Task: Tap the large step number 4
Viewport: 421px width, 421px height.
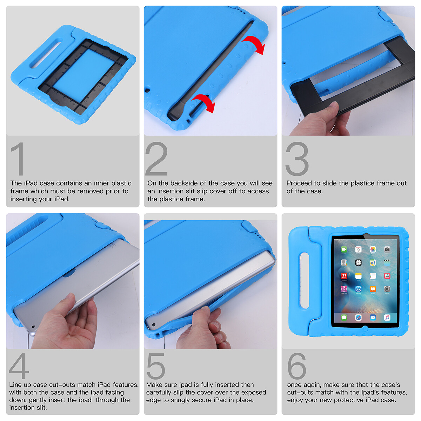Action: [19, 366]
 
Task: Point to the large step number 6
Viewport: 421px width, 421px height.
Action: [297, 366]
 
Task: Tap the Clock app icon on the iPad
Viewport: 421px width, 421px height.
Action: [358, 263]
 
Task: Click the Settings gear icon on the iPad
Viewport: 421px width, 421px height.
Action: [387, 289]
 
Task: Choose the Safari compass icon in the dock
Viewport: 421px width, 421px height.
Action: [358, 318]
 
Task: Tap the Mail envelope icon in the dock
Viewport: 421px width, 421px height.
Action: [373, 318]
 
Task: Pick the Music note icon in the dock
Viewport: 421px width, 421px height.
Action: [387, 318]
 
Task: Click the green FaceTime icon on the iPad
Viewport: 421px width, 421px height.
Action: [344, 249]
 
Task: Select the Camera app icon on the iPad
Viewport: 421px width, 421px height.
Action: [387, 249]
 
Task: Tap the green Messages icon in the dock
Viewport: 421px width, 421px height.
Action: [344, 318]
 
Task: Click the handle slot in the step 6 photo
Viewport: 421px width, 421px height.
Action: [304, 281]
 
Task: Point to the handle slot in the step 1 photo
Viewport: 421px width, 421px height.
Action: [46, 55]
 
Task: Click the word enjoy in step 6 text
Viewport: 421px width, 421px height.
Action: [294, 400]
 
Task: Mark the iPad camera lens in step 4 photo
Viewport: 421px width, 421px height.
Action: [33, 327]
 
